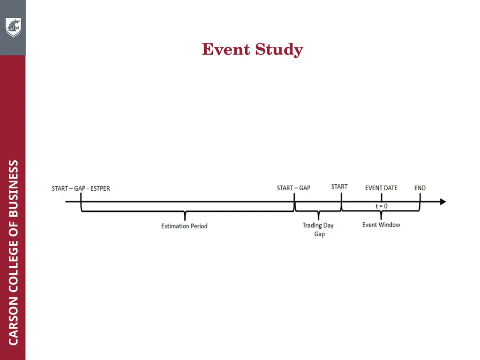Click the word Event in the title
click(x=226, y=49)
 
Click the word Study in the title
click(x=279, y=50)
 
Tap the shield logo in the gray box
click(x=13, y=28)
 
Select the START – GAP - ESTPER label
click(x=81, y=188)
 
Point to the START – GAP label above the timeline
click(x=293, y=188)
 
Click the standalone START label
click(x=339, y=187)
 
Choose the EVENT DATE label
click(x=381, y=188)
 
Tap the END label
click(x=420, y=188)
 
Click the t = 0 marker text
click(x=382, y=206)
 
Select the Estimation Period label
click(x=184, y=226)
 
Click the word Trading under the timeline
click(x=312, y=225)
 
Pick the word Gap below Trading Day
click(x=319, y=234)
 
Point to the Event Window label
click(x=381, y=225)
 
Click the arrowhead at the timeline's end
click(x=443, y=202)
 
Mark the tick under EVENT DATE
click(x=382, y=197)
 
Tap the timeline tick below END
click(x=420, y=198)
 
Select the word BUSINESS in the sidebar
click(x=13, y=188)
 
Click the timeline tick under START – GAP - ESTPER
click(x=81, y=198)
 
